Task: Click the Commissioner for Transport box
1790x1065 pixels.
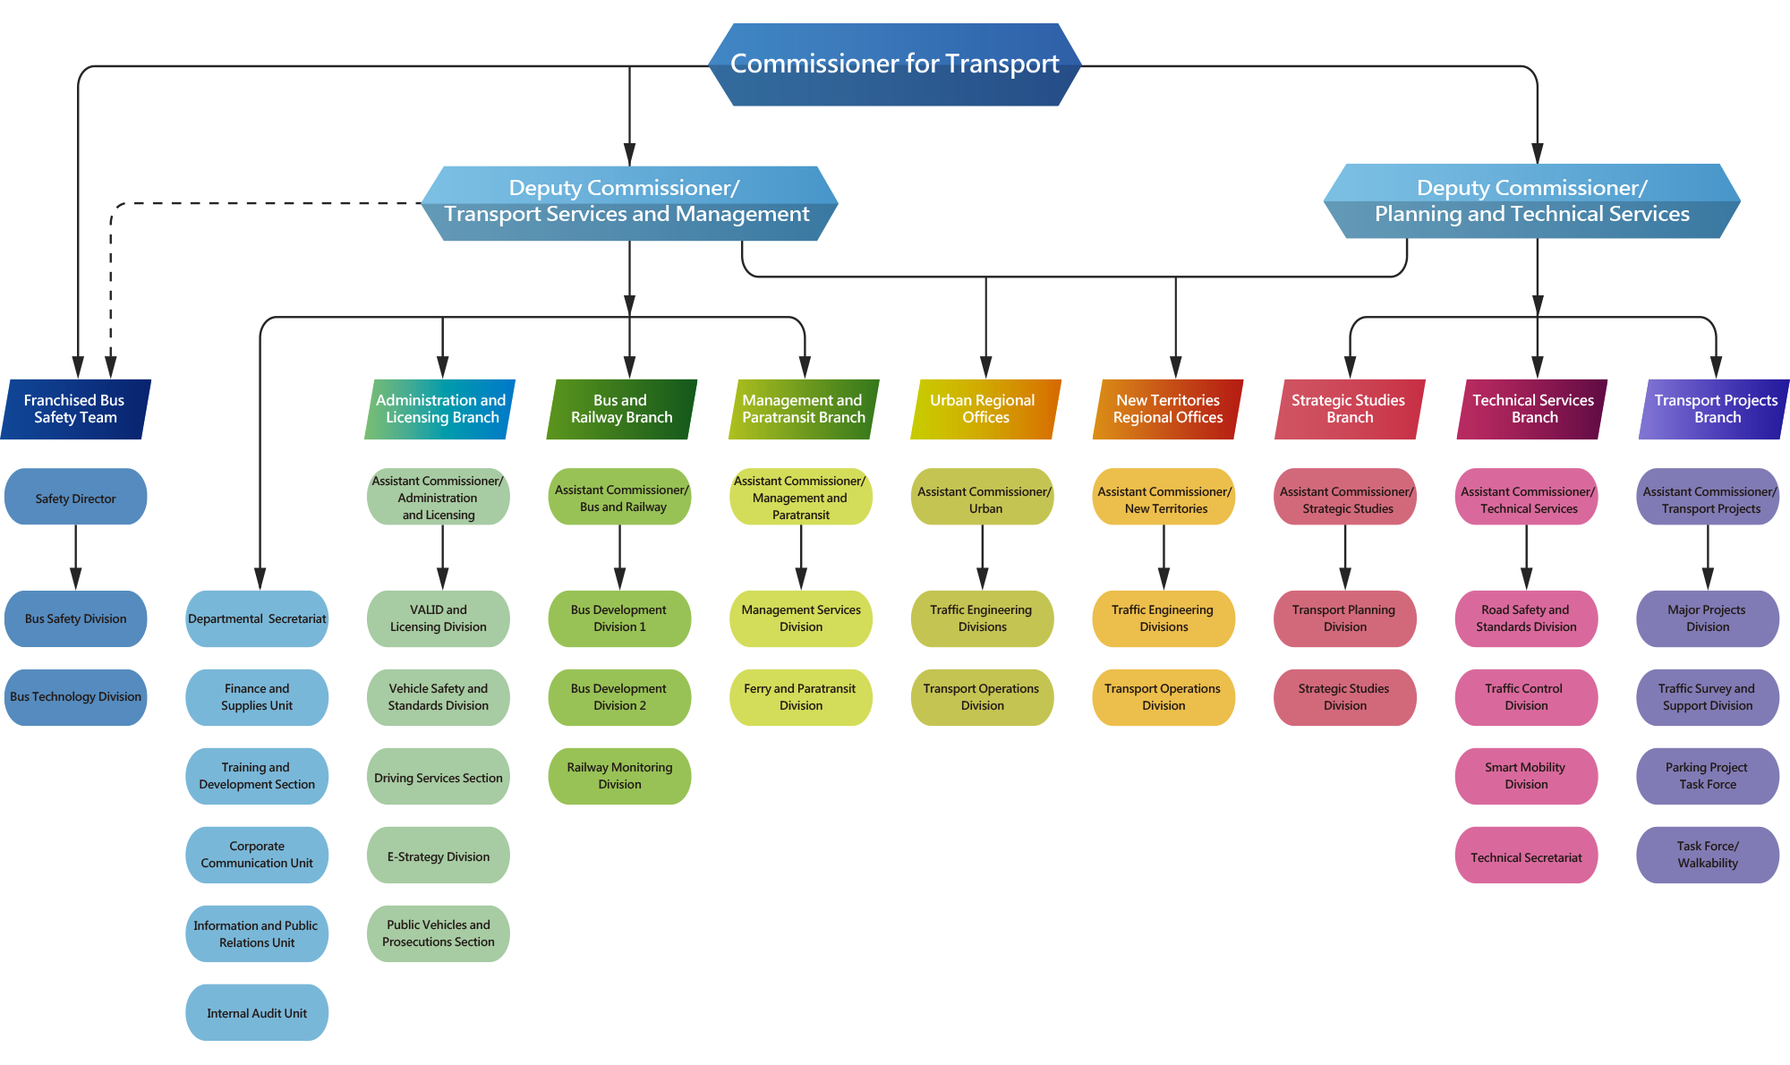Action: click(895, 64)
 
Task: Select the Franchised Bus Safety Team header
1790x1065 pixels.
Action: click(76, 409)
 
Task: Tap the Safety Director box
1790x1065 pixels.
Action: click(76, 498)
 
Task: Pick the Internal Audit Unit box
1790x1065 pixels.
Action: click(257, 1012)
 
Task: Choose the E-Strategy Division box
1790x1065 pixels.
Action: click(439, 856)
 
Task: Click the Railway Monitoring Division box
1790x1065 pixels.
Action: click(619, 776)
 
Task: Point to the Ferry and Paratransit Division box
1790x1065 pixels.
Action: click(800, 697)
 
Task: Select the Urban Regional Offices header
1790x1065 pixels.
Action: click(984, 409)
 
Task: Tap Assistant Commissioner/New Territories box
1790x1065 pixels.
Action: click(1163, 498)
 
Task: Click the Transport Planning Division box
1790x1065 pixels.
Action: click(1344, 618)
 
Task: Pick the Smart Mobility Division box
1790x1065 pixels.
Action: click(1526, 776)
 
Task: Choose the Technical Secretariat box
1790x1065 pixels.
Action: click(1526, 856)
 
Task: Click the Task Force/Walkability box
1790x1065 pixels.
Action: click(1708, 855)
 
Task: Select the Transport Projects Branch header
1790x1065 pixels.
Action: click(1715, 409)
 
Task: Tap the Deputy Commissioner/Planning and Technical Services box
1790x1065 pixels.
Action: click(1531, 201)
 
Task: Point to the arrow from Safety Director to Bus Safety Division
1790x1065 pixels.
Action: click(76, 557)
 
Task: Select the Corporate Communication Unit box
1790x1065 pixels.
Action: click(257, 855)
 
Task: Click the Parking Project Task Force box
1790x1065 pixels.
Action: click(1708, 776)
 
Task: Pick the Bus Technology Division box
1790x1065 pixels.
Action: click(76, 697)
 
